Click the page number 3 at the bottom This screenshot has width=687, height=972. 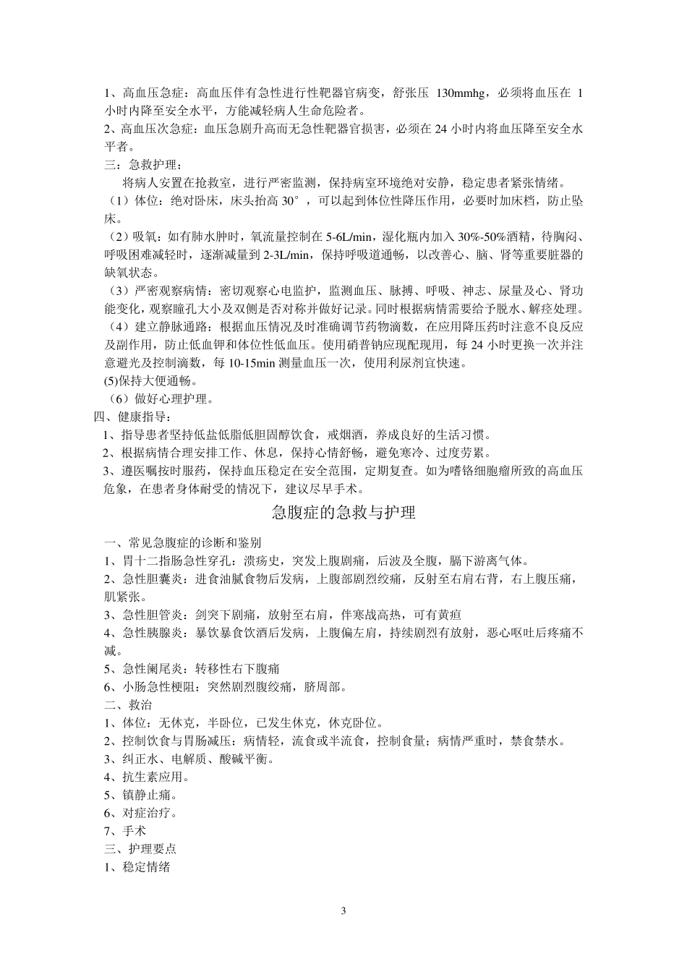click(343, 911)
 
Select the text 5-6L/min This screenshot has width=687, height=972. click(350, 236)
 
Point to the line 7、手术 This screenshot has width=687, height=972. click(125, 832)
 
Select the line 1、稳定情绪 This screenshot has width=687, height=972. click(137, 867)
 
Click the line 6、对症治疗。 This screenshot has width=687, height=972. click(141, 814)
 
